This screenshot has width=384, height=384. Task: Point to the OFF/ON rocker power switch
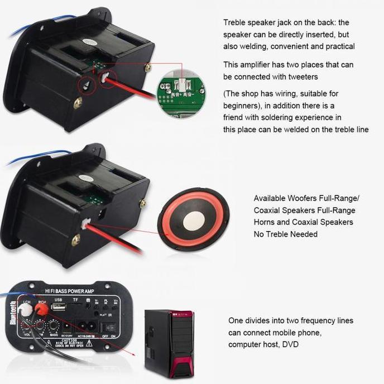[109, 327]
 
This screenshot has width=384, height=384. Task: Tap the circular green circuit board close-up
[181, 94]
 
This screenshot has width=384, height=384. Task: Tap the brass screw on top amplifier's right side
[148, 67]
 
